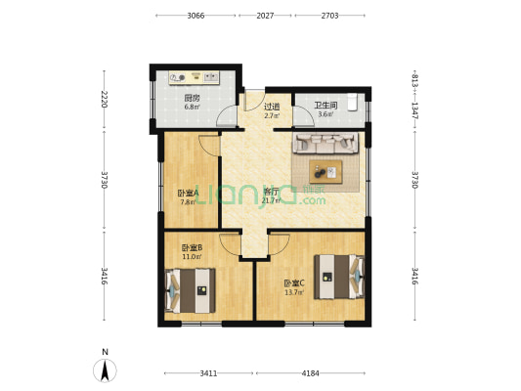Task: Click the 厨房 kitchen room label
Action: [x=192, y=97]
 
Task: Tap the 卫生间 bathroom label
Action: [x=326, y=106]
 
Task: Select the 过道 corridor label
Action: [x=272, y=106]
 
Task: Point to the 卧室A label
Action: [x=188, y=193]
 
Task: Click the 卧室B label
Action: [x=192, y=247]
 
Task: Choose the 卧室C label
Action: [x=294, y=282]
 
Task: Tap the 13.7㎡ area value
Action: [x=294, y=292]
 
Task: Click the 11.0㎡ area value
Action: [x=192, y=257]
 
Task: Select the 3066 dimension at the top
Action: [x=195, y=17]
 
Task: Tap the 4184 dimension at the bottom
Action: [x=310, y=372]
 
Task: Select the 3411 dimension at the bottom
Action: [x=208, y=372]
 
